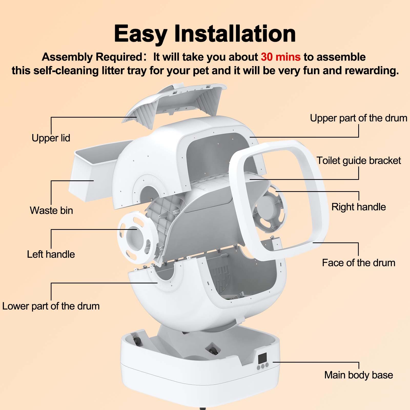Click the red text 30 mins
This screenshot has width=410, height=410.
(281, 57)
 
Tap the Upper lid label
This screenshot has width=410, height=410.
(51, 138)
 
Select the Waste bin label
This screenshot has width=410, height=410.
(51, 210)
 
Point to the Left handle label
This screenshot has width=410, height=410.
(51, 254)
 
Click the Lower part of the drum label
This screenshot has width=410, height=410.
(51, 306)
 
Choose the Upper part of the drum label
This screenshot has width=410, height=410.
(358, 118)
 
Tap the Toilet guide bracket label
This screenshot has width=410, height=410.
(359, 161)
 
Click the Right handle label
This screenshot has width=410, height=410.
(358, 207)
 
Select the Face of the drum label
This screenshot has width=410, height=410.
(358, 263)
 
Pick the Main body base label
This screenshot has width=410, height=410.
(358, 375)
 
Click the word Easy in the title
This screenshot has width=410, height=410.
(140, 34)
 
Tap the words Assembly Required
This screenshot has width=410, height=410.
(92, 57)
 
